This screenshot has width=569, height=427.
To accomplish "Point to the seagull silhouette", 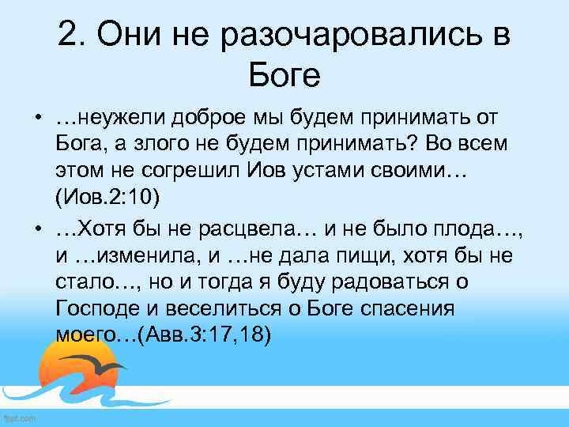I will (102, 365).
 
